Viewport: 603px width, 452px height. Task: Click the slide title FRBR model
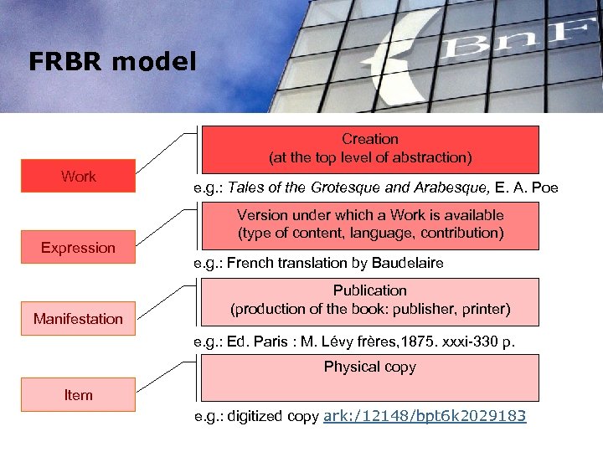click(x=112, y=62)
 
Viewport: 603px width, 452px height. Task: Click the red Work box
click(x=79, y=176)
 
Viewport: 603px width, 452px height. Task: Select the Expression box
click(x=79, y=247)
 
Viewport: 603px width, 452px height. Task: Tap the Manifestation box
click(x=79, y=318)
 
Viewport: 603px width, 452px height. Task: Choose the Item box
click(x=79, y=394)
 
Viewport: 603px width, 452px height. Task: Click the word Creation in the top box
click(x=370, y=139)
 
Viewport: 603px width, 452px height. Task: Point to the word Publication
click(x=370, y=290)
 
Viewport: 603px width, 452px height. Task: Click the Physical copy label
click(x=370, y=367)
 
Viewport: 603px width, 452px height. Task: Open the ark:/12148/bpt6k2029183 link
click(x=425, y=415)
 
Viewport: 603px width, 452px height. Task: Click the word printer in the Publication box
click(x=485, y=309)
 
